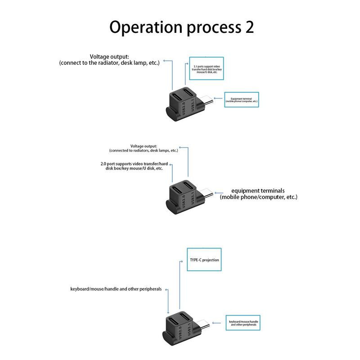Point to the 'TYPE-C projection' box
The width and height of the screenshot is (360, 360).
coord(204,260)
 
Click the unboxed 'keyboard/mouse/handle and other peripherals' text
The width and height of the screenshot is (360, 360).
coord(116,289)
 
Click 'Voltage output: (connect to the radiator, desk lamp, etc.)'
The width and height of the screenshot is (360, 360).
coord(109,60)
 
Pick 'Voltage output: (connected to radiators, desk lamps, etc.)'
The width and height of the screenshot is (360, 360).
coord(143,148)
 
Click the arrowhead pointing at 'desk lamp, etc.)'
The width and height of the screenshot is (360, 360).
coord(165,60)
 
